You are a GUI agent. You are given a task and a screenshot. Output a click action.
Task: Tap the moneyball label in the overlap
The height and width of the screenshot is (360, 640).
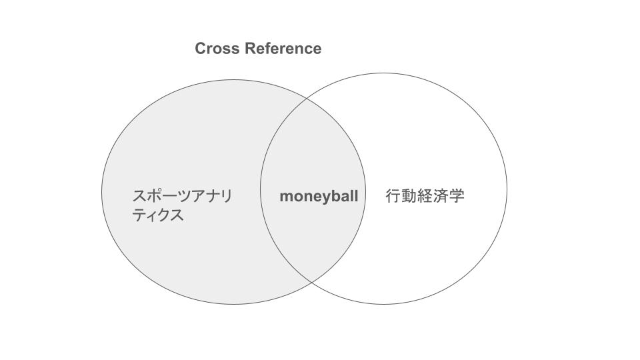coord(319,197)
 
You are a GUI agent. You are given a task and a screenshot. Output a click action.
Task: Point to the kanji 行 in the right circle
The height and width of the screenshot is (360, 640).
coord(393,196)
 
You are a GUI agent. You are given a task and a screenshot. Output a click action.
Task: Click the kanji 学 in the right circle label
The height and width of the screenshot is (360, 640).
coord(457,196)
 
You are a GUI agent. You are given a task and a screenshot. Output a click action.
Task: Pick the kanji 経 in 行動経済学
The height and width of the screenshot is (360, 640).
coord(425,196)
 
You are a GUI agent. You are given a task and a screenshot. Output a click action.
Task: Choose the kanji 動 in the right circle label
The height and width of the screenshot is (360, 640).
coord(409,196)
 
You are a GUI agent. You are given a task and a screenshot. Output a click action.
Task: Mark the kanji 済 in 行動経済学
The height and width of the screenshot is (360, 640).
coord(441,196)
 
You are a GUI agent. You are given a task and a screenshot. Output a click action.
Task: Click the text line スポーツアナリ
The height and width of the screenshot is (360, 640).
coord(182,196)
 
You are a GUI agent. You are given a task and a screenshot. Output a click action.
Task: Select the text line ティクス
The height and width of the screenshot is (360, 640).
coord(158,215)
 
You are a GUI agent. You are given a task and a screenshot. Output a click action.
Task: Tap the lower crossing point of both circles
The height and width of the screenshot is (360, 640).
coord(312,283)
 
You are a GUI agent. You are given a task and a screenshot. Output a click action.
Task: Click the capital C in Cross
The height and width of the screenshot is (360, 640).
coord(201,49)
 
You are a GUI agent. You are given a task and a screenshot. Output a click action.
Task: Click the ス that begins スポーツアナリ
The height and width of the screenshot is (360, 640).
coord(139,196)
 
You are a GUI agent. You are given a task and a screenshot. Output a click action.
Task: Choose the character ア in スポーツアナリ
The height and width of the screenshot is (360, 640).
coord(196,196)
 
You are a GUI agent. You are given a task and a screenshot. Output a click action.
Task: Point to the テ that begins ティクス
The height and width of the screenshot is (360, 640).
coord(139,215)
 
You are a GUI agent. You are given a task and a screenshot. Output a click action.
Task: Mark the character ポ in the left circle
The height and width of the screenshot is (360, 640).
coord(154,196)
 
